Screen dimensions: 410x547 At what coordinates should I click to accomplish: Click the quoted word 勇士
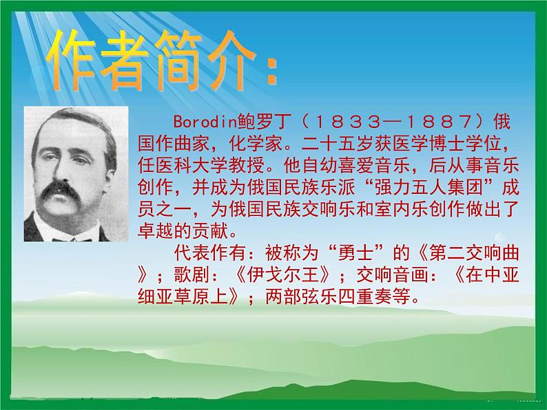(354, 253)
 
